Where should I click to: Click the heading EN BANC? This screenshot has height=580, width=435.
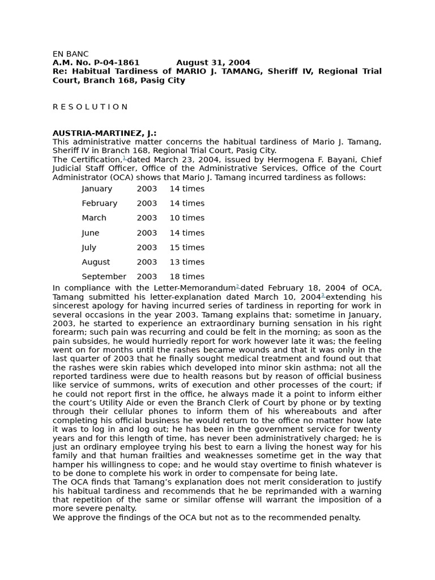click(x=71, y=54)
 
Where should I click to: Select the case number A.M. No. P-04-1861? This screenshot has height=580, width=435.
click(x=96, y=62)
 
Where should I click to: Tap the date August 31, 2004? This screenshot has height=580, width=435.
click(x=213, y=62)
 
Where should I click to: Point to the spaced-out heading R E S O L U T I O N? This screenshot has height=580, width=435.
click(x=90, y=106)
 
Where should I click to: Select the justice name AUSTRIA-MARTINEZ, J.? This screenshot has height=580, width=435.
click(x=104, y=133)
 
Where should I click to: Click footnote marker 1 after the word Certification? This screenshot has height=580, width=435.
click(x=124, y=158)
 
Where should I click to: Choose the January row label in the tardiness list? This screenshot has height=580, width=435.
click(x=97, y=189)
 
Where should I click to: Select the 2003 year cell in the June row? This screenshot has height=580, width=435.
click(x=147, y=233)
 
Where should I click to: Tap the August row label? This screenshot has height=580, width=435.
click(x=96, y=262)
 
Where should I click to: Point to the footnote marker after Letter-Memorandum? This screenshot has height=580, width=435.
click(x=238, y=287)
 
